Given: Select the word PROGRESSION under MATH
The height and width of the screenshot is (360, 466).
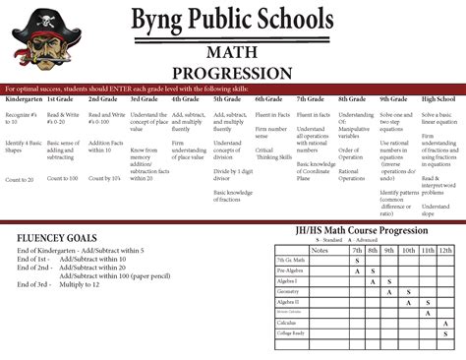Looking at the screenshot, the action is point(233,72).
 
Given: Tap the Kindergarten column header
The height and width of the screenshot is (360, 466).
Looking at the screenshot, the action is point(24,100).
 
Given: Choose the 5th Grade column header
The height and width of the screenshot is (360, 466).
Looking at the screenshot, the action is point(227,100).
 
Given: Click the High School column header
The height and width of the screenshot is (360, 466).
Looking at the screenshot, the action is point(437,100).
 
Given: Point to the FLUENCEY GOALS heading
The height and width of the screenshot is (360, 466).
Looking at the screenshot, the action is point(56,239).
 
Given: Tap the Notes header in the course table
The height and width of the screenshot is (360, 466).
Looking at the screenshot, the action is point(320,250).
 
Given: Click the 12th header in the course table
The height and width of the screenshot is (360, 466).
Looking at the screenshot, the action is point(445,250).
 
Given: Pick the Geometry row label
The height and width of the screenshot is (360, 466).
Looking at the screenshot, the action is point(289,292).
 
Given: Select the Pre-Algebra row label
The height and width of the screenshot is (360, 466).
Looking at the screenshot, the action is point(290,270).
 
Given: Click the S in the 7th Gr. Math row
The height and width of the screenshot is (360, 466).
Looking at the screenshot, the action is point(357,261).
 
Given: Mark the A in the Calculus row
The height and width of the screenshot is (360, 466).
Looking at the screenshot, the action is point(445,323).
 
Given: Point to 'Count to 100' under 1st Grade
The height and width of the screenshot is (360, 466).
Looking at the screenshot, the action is point(62,178).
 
